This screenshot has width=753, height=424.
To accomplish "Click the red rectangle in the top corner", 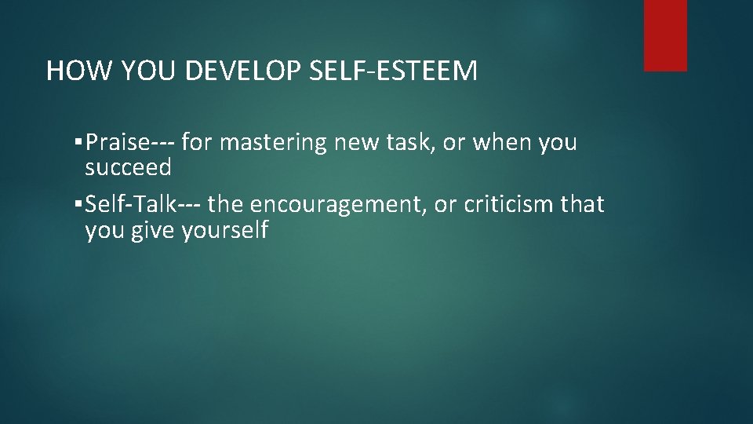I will pos(665,35).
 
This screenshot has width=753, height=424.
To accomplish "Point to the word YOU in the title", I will pos(147,72).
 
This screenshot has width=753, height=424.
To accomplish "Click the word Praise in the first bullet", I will pos(118,143).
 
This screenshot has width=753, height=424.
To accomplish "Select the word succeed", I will pos(128,166).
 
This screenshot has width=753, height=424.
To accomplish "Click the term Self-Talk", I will pos(132,205).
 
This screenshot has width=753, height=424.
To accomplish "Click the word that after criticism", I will pos(584,205).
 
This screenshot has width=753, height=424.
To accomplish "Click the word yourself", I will pos(225,230).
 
